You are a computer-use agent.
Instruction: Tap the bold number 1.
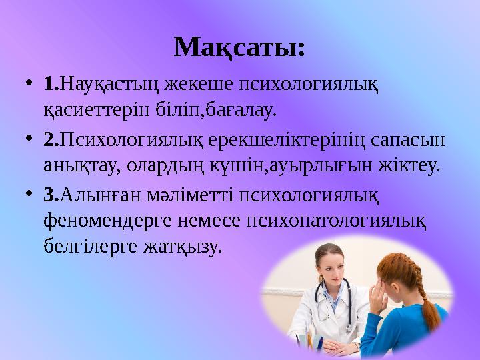[51, 86]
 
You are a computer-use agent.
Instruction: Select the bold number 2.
[51, 142]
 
